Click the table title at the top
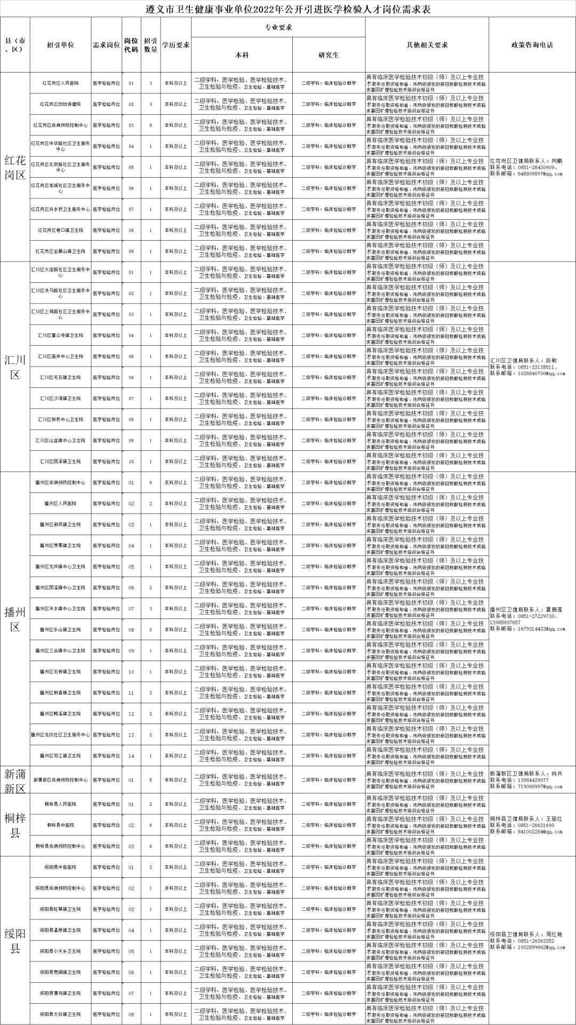tap(288, 9)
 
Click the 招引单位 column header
tap(60, 45)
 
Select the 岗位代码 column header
tap(131, 45)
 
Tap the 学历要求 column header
tap(176, 45)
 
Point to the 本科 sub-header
tap(242, 55)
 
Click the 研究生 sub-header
tap(329, 55)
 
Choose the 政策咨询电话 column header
tap(532, 45)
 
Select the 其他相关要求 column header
tap(427, 45)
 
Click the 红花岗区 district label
tap(15, 167)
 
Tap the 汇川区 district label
tap(15, 367)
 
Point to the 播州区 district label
tap(15, 619)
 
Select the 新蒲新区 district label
tap(15, 780)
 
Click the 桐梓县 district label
tap(15, 825)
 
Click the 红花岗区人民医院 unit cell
tap(60, 83)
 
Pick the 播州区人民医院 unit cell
tap(60, 503)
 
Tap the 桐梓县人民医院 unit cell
tap(60, 804)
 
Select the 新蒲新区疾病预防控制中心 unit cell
tap(60, 780)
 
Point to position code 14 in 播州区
tap(131, 756)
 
